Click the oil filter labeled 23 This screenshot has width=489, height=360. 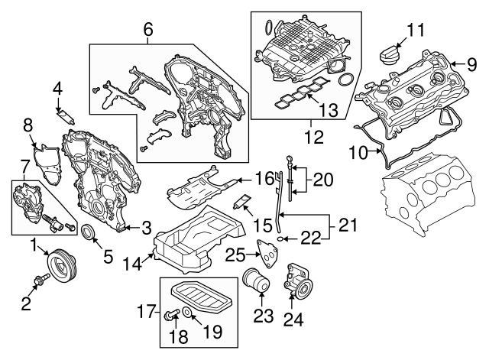[255, 284]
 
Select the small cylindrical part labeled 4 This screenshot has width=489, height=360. [66, 119]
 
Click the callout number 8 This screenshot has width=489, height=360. [28, 125]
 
